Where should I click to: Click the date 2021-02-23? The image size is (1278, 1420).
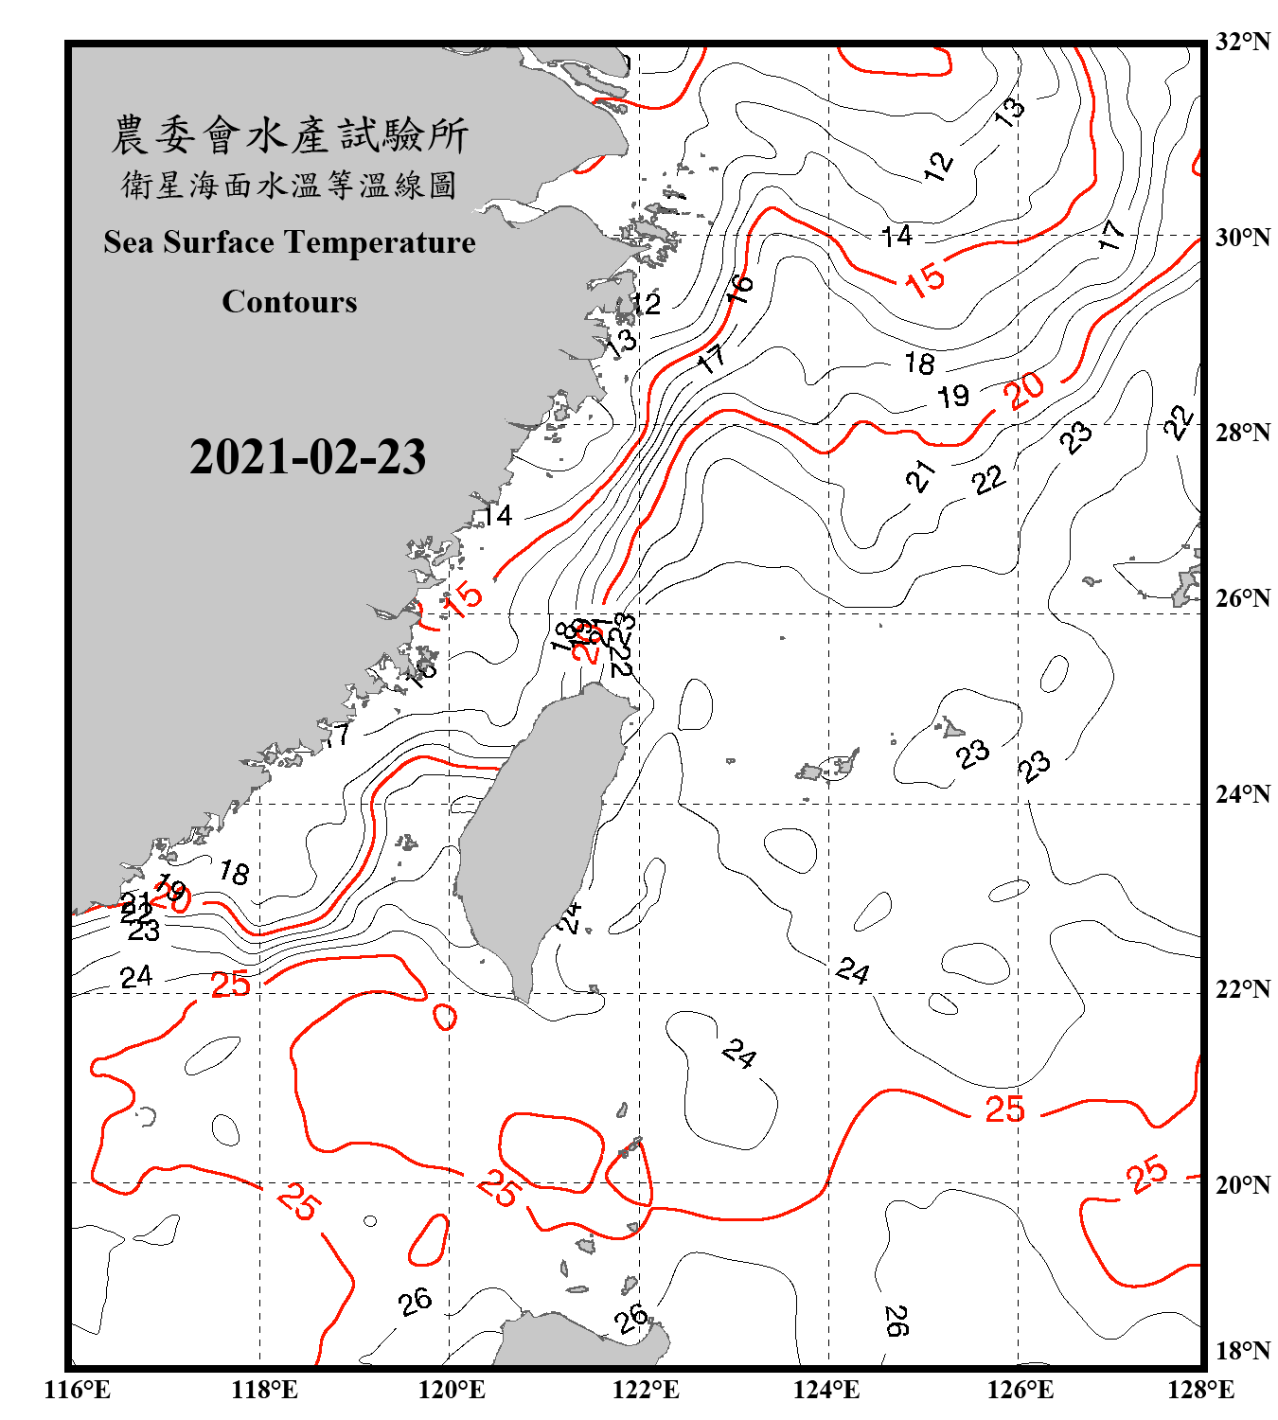(308, 457)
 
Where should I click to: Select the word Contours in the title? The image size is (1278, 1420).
(290, 302)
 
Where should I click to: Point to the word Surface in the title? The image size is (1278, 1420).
(219, 242)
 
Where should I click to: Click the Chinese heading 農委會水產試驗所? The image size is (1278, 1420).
(290, 135)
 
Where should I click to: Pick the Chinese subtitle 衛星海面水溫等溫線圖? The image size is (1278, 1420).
(290, 185)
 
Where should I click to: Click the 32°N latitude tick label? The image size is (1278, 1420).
(1242, 42)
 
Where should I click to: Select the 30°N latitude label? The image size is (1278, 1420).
(1242, 237)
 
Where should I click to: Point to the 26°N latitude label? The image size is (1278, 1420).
(1242, 598)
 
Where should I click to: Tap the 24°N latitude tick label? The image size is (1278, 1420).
(1242, 793)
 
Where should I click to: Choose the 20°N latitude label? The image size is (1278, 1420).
(1242, 1184)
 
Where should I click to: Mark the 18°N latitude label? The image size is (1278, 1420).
(1242, 1350)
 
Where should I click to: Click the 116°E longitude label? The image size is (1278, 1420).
(78, 1390)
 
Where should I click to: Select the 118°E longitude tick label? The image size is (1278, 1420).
(264, 1390)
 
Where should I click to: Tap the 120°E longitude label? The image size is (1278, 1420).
(452, 1390)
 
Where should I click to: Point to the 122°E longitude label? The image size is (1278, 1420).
(646, 1390)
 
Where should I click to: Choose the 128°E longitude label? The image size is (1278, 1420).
(1200, 1390)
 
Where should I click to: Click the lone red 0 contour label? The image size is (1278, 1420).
(445, 1018)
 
